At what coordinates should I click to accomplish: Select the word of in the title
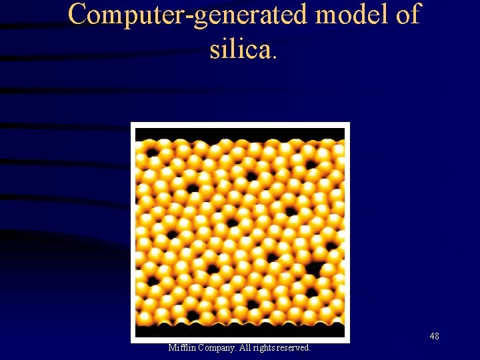coord(407,15)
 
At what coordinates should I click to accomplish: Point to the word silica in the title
coord(239,48)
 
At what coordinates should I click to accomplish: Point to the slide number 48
coord(434,336)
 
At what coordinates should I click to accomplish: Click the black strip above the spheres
coord(240,134)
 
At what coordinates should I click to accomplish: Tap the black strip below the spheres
coord(240,330)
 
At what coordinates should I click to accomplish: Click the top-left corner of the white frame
coord(132,124)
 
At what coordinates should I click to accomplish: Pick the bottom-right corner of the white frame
coord(348,341)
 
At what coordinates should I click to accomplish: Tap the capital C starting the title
coord(78,15)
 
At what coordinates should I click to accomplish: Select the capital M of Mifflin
coord(172,348)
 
